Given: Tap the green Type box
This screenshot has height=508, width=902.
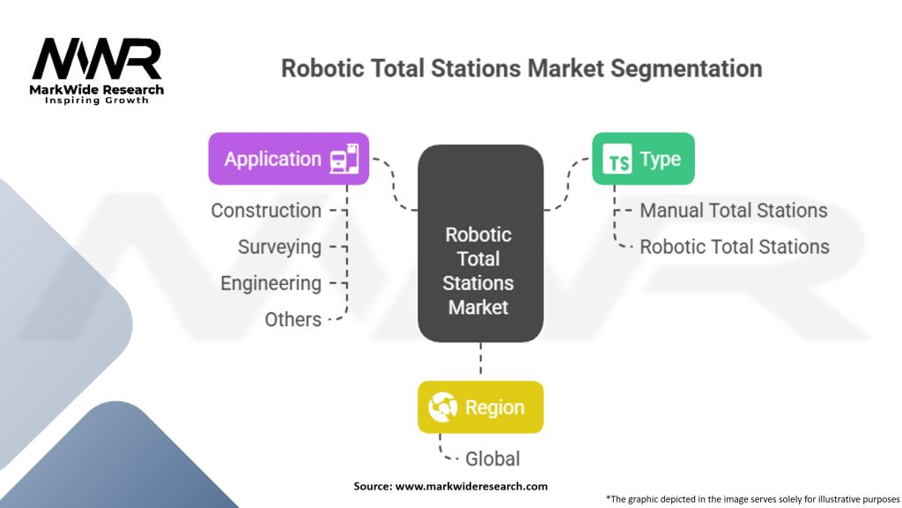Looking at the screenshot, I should [642, 159].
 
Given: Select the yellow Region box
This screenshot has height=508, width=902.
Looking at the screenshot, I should [480, 407].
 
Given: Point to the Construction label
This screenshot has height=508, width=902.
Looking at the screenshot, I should [266, 211].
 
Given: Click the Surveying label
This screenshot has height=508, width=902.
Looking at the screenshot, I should [279, 247].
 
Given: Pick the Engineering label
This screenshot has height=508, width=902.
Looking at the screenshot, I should [270, 283].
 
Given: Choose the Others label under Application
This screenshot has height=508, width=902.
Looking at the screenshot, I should [292, 319].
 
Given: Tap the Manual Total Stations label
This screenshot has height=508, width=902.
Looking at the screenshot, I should [733, 211].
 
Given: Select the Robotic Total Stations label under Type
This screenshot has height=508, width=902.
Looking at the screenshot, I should [734, 247].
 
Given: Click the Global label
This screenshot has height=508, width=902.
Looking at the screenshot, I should [492, 459].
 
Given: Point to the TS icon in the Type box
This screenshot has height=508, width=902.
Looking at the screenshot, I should [617, 161].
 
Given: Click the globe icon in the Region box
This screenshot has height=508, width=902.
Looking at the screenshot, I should [442, 407].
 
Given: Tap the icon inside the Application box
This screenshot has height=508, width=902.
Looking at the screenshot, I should [344, 159].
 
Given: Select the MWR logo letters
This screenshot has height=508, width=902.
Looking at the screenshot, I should [97, 59].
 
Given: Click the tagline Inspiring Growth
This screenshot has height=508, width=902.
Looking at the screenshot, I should [97, 101].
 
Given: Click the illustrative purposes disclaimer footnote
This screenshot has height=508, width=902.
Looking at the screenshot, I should [752, 498].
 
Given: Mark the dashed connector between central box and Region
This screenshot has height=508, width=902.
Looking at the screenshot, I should [480, 362].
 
